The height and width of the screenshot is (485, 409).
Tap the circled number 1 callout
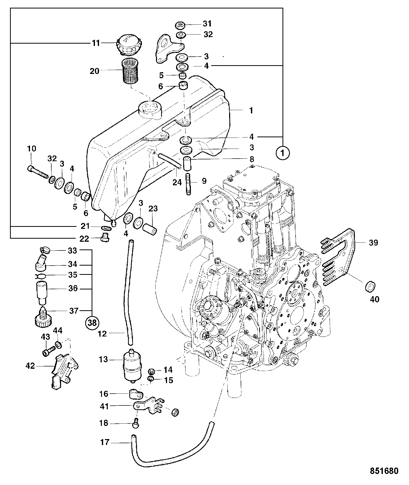point(283,153)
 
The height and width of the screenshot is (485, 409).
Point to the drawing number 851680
point(384,471)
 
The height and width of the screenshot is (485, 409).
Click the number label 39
point(373,243)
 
